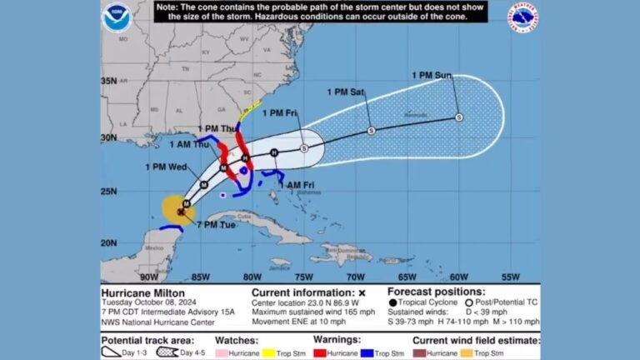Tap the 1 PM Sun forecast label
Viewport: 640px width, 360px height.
point(432,77)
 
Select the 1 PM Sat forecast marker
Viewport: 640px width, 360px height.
point(371,131)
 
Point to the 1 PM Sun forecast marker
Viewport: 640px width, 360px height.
point(459,117)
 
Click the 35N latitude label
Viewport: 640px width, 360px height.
point(109,81)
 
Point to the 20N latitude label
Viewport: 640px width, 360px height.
point(109,242)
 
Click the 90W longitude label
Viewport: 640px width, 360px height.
point(149,277)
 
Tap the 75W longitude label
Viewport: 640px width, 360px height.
point(303,277)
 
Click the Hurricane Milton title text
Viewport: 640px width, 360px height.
point(141,293)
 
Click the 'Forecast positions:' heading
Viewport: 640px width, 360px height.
point(435,292)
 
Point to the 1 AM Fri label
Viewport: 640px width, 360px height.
point(296,184)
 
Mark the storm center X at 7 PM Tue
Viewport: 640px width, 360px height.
point(180,212)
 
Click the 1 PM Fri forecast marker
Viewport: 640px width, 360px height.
point(304,148)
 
